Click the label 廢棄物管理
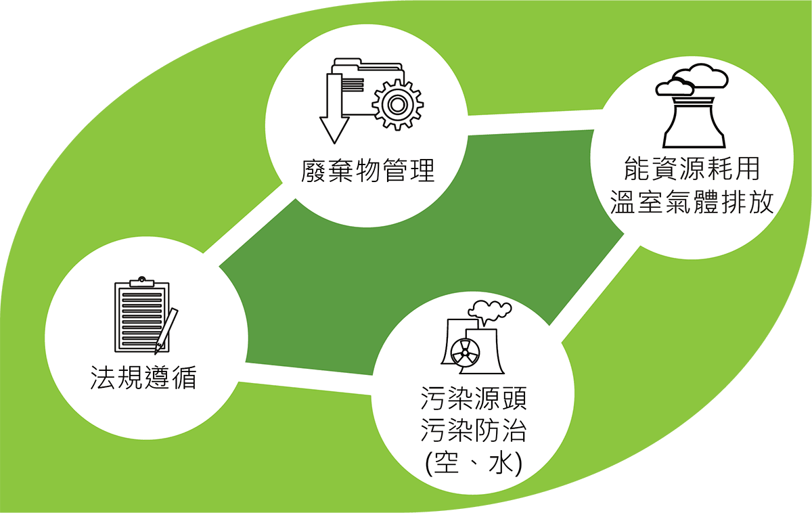pyautogui.click(x=368, y=170)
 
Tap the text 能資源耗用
pyautogui.click(x=692, y=169)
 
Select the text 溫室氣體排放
pyautogui.click(x=692, y=202)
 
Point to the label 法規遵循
pyautogui.click(x=143, y=378)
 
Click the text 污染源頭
pyautogui.click(x=474, y=398)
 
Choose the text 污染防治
pyautogui.click(x=474, y=430)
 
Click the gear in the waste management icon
pyautogui.click(x=398, y=105)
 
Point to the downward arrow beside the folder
pyautogui.click(x=334, y=108)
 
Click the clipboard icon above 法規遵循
pyautogui.click(x=142, y=315)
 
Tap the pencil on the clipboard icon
pyautogui.click(x=166, y=331)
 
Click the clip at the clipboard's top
pyautogui.click(x=142, y=282)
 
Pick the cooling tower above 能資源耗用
pyautogui.click(x=694, y=122)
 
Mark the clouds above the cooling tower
pyautogui.click(x=692, y=79)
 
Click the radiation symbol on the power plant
pyautogui.click(x=465, y=352)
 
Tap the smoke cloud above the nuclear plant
pyautogui.click(x=490, y=312)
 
